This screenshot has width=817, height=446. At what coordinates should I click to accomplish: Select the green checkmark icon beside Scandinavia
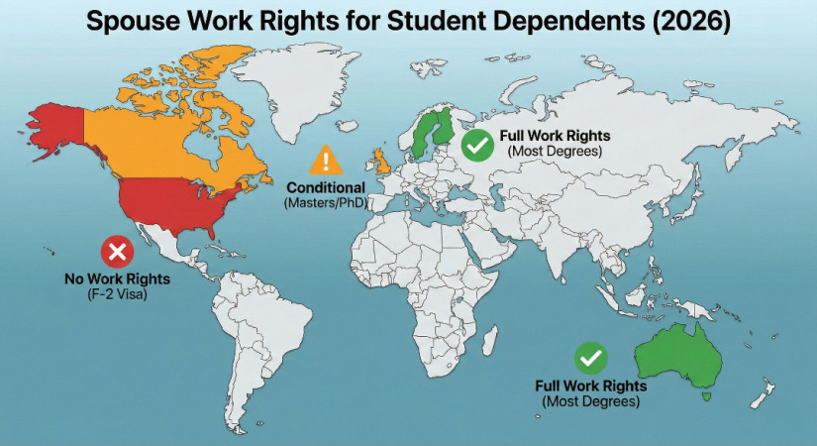pos(479,147)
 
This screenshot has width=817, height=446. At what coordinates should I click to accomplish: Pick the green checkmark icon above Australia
pos(591,358)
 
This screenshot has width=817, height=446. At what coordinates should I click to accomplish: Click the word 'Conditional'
pos(326,188)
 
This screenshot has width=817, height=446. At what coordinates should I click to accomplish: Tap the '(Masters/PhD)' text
pos(326,203)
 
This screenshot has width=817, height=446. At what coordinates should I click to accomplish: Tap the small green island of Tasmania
pos(705,396)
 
